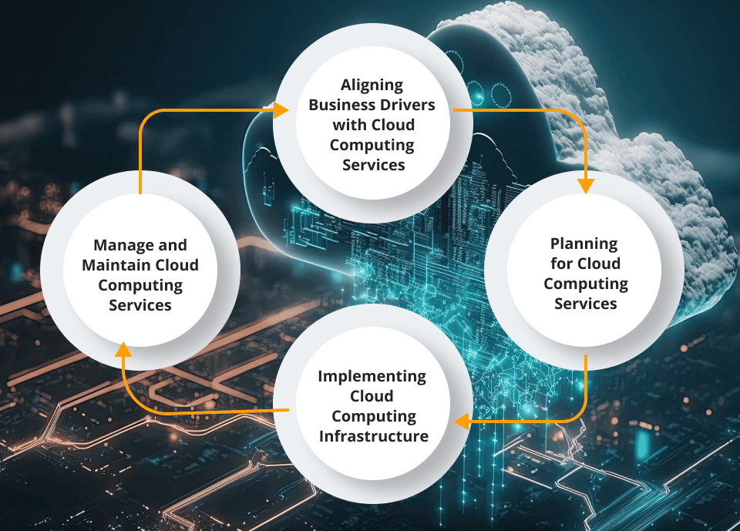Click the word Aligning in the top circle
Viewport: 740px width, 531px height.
coord(372,85)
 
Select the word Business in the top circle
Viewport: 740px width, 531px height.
coord(341,105)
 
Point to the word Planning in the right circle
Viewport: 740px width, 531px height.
coord(584,244)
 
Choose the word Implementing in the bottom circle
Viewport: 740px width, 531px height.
coord(372,376)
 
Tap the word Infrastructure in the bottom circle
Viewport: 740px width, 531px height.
coord(372,436)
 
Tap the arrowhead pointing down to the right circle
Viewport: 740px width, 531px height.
coord(586,185)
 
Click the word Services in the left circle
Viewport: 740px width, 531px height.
coord(140,305)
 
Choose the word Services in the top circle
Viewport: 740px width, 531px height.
coord(373,165)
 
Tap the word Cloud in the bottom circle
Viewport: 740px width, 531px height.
coord(372,396)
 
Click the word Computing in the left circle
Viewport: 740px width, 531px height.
coord(140,285)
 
